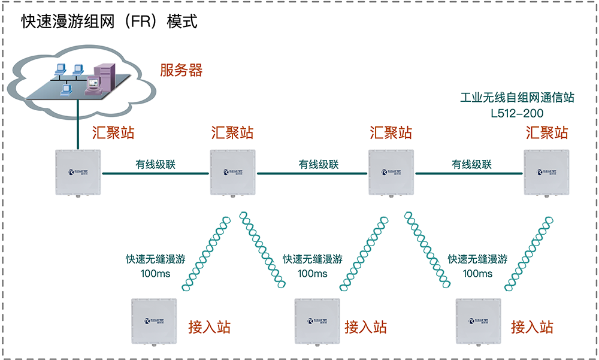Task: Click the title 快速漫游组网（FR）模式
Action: (110, 22)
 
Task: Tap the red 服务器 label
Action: (181, 70)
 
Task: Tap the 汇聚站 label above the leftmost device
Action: (113, 132)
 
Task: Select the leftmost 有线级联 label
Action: (155, 164)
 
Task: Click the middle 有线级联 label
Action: (319, 164)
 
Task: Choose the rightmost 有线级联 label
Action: (471, 164)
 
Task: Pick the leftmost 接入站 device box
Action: (155, 321)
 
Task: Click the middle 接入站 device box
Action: (317, 321)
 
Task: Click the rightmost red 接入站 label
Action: (532, 327)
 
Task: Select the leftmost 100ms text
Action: (155, 274)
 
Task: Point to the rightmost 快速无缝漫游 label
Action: (477, 259)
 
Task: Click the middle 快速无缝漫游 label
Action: (313, 259)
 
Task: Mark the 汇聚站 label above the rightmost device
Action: (547, 132)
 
